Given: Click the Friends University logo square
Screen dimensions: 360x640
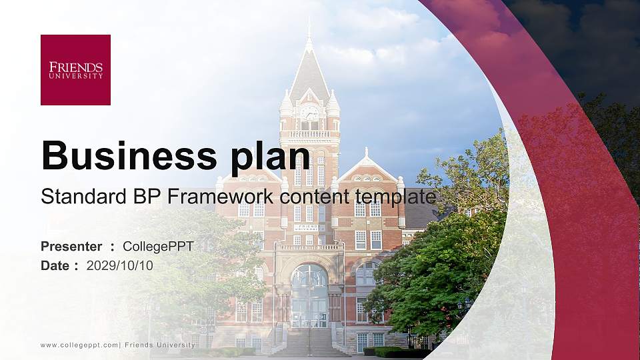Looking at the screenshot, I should [75, 70].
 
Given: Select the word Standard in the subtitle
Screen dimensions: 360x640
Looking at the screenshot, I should [75, 197].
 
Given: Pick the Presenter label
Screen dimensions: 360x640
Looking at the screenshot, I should [71, 247].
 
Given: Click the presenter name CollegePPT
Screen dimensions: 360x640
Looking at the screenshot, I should [158, 247].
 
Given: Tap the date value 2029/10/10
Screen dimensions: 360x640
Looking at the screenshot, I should [120, 265].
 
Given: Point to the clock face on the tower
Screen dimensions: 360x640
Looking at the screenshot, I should [309, 113].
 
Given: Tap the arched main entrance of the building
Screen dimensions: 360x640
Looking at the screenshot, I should [309, 293].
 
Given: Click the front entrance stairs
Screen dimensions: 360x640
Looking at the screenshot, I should [309, 341].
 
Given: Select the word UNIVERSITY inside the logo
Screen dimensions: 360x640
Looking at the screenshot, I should [75, 76].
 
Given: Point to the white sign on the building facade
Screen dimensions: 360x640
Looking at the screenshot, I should [309, 228].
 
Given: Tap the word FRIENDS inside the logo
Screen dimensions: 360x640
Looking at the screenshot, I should [75, 67].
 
